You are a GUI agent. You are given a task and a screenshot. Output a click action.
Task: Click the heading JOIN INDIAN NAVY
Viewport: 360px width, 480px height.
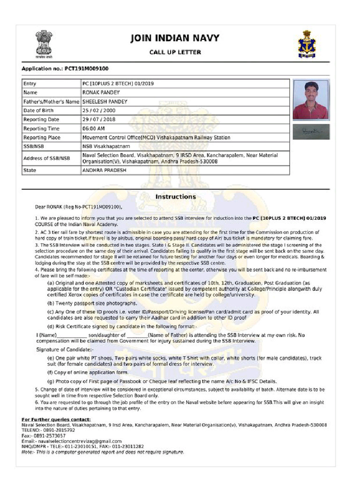click(x=175, y=38)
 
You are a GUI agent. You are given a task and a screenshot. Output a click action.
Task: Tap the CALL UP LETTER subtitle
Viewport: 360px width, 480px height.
click(x=175, y=52)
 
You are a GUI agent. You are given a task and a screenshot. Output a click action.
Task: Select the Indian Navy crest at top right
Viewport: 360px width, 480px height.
click(x=307, y=44)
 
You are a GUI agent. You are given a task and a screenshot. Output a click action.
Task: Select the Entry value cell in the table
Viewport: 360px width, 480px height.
click(x=118, y=84)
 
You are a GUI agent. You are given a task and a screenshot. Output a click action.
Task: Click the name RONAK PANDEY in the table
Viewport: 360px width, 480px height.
click(x=101, y=93)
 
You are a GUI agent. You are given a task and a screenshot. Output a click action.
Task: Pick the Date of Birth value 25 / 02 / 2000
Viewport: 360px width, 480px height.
click(x=99, y=111)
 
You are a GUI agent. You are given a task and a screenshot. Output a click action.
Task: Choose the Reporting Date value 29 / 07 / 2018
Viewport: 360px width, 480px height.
click(x=99, y=120)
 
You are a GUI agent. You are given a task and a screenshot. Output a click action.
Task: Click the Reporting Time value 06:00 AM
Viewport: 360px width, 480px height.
click(x=93, y=128)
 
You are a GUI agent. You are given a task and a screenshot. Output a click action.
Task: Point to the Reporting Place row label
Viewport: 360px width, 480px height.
click(x=42, y=138)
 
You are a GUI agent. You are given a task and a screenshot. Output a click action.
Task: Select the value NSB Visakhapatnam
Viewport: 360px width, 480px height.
click(x=103, y=146)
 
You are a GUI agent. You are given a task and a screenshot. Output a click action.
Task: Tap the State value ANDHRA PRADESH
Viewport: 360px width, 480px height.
click(x=104, y=170)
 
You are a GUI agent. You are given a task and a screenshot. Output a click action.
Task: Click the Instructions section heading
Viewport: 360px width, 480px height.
click(x=175, y=197)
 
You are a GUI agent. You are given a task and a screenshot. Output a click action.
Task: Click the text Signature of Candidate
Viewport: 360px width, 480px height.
click(x=65, y=350)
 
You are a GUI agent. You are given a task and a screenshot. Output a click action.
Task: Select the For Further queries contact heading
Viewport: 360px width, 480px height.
click(x=56, y=419)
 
